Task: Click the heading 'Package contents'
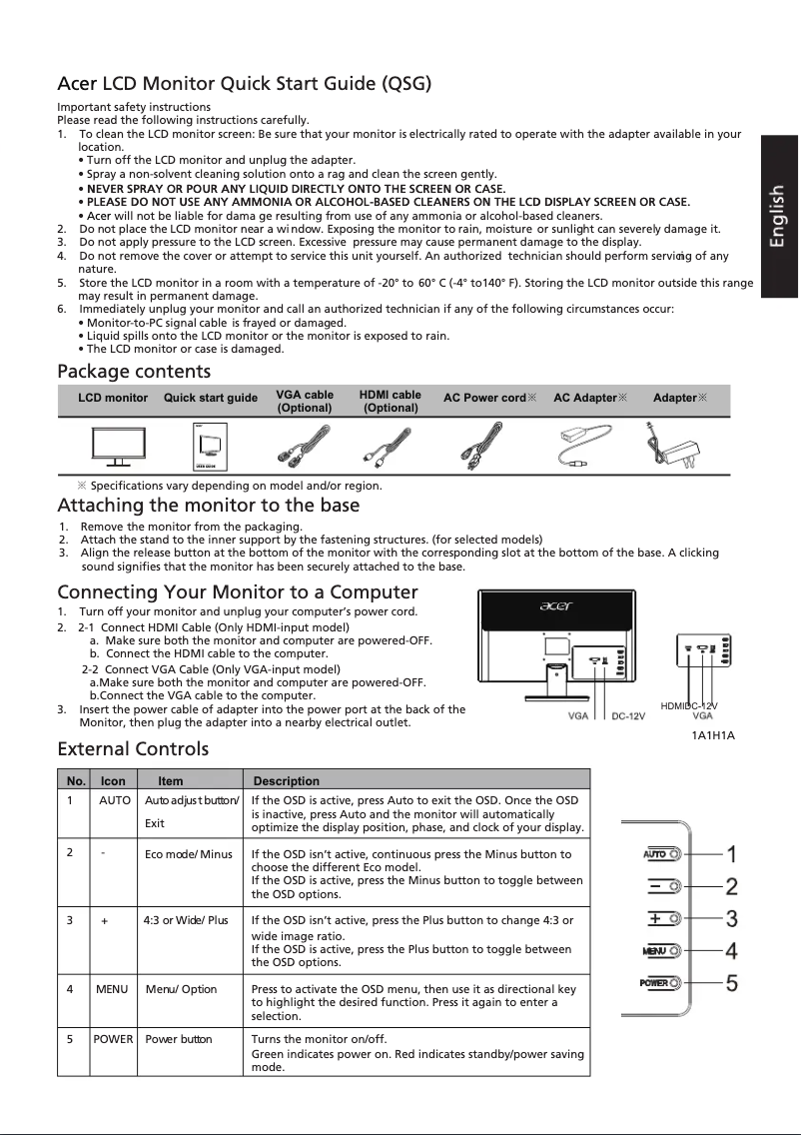(134, 372)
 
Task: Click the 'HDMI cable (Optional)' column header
(391, 402)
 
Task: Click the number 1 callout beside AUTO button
(731, 854)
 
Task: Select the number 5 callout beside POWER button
(731, 982)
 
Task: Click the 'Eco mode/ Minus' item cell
(188, 854)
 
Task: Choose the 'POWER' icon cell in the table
(113, 1039)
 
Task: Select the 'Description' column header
(287, 780)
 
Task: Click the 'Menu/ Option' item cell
(181, 989)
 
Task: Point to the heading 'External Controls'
(133, 748)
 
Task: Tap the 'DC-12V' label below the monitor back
(628, 716)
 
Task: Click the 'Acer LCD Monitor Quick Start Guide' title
(245, 82)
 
